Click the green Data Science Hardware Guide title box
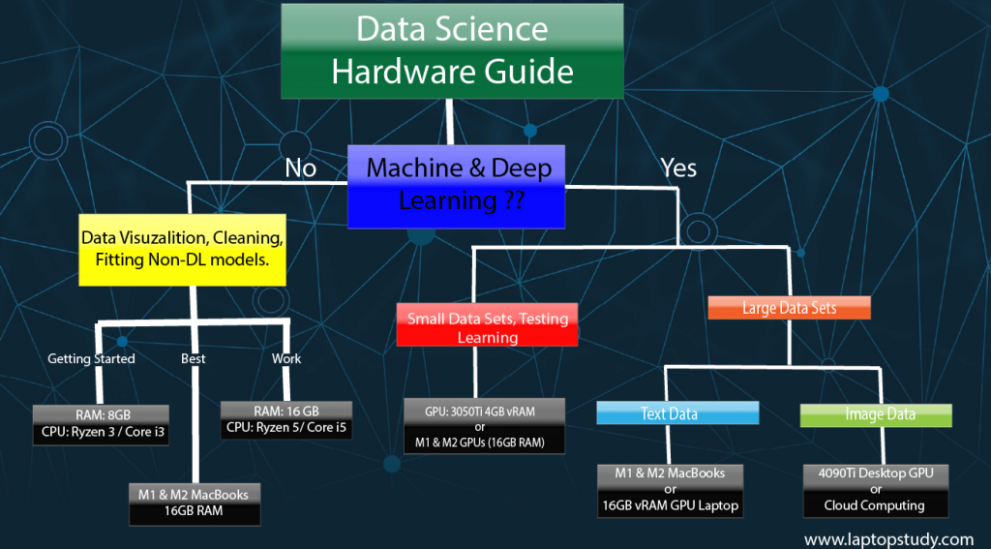tap(452, 50)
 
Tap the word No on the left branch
tap(300, 168)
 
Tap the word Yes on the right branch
tap(678, 168)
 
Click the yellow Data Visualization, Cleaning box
tap(182, 249)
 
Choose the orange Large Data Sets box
tap(789, 308)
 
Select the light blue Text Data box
tap(676, 414)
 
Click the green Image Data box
tap(876, 414)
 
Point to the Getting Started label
tap(91, 359)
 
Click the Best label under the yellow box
tap(193, 359)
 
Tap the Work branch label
tap(285, 359)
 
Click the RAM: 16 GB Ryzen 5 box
tap(285, 419)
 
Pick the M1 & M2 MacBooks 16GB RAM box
tap(195, 503)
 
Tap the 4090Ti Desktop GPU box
tap(875, 489)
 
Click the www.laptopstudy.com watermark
tap(887, 538)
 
